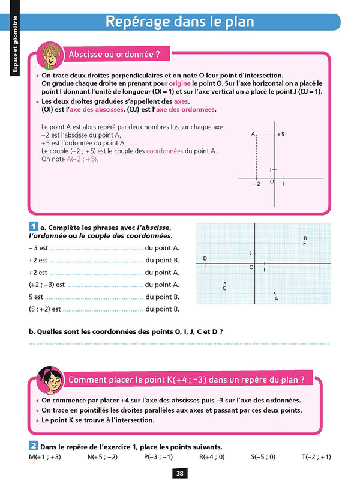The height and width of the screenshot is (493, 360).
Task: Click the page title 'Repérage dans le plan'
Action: pyautogui.click(x=180, y=22)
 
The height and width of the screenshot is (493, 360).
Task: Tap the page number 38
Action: pyautogui.click(x=180, y=473)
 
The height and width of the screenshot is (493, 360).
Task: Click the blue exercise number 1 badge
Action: pyautogui.click(x=34, y=228)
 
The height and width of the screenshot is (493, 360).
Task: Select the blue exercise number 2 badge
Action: pyautogui.click(x=34, y=446)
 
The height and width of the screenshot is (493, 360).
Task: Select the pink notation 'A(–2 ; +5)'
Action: pyautogui.click(x=82, y=160)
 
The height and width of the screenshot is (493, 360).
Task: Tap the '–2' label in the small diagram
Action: pyautogui.click(x=256, y=184)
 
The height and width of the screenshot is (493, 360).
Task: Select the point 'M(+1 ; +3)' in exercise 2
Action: pyautogui.click(x=45, y=457)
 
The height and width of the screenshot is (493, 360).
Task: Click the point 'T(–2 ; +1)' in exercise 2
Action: pyautogui.click(x=316, y=457)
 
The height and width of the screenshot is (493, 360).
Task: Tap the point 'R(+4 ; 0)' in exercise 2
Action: pyautogui.click(x=212, y=457)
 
